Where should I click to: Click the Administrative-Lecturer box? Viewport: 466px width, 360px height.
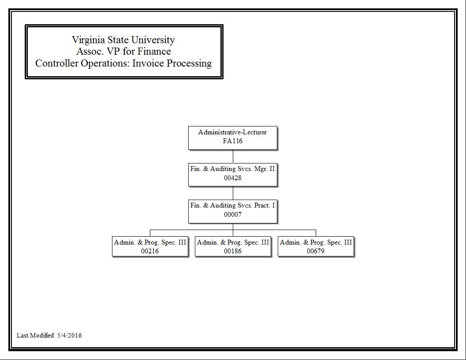[x=233, y=138]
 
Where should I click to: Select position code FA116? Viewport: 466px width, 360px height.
[x=233, y=141]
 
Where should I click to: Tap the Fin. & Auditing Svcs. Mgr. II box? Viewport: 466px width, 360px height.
[x=233, y=174]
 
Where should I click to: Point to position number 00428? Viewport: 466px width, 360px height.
[x=233, y=178]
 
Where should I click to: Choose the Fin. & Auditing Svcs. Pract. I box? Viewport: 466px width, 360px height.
[x=233, y=212]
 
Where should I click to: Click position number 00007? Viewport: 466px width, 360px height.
[x=233, y=215]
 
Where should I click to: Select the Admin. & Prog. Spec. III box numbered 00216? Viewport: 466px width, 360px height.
[x=150, y=246]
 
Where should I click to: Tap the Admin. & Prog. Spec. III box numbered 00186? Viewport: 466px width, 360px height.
[x=233, y=246]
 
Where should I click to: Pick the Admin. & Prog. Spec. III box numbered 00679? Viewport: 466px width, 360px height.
[x=316, y=246]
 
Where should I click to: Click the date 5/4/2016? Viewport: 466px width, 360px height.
[x=70, y=335]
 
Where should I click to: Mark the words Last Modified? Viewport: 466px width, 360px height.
[x=35, y=335]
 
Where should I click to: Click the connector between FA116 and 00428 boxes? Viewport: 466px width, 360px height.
[x=233, y=156]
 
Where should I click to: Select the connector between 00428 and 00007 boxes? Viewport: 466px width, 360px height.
[x=233, y=193]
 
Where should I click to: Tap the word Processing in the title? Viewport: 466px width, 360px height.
[x=189, y=63]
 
